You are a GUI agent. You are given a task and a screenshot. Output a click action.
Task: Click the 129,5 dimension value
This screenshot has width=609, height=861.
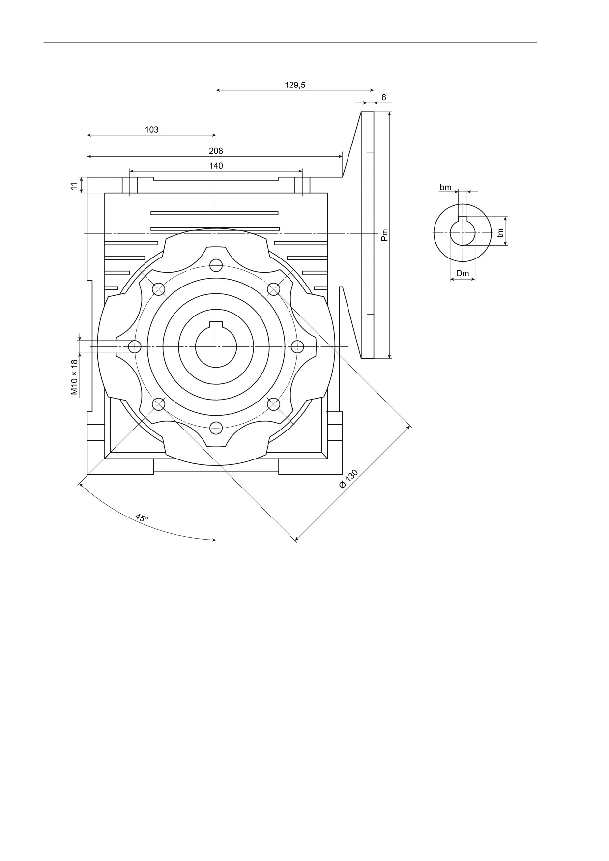click(295, 85)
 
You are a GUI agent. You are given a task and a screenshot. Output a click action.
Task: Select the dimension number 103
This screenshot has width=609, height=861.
click(152, 130)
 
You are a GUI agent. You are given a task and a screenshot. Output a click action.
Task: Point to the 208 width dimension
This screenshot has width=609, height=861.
click(216, 151)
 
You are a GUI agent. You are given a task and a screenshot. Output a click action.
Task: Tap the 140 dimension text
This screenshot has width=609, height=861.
click(216, 166)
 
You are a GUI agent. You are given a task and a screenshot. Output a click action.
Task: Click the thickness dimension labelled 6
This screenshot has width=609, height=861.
click(384, 98)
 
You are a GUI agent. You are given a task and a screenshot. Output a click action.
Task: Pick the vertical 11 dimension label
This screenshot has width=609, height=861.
click(74, 186)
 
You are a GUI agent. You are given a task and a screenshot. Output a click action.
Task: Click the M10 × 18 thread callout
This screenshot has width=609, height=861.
click(74, 377)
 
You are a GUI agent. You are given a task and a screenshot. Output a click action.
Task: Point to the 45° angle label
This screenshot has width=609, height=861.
click(142, 518)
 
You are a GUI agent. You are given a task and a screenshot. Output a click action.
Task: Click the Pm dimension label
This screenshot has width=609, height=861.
click(385, 235)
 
